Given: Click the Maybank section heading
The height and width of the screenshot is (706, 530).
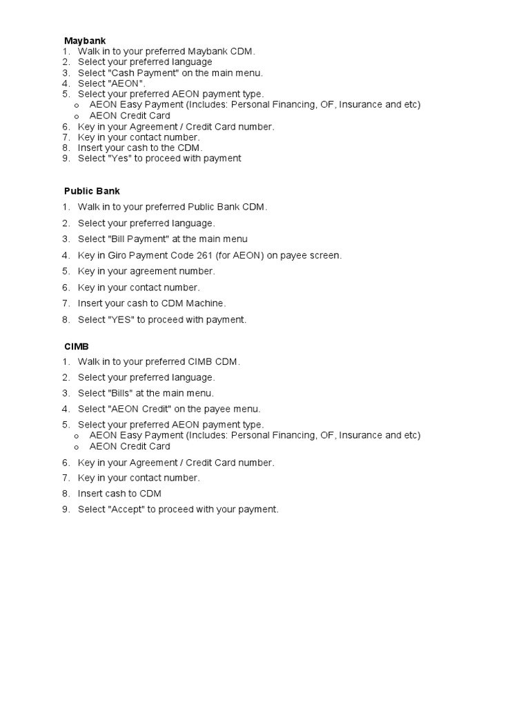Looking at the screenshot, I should pyautogui.click(x=85, y=41).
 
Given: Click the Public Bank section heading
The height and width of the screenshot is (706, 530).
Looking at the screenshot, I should pyautogui.click(x=92, y=191).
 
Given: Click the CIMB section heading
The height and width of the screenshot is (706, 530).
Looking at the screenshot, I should pyautogui.click(x=76, y=346).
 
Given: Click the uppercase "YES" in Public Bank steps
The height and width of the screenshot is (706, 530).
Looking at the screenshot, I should pyautogui.click(x=121, y=320).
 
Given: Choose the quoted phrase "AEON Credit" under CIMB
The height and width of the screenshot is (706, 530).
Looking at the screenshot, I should pyautogui.click(x=141, y=409).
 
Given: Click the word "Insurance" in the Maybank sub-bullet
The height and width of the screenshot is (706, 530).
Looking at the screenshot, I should pyautogui.click(x=361, y=105).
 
